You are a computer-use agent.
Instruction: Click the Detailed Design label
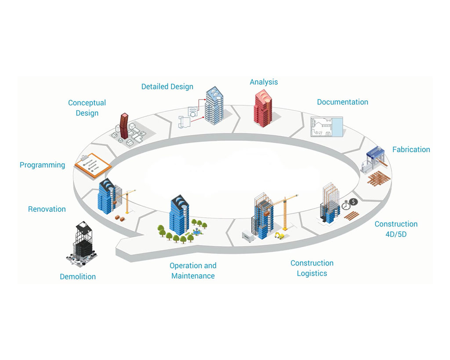(167, 86)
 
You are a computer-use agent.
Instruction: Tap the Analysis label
(264, 82)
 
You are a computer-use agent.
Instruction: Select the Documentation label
(342, 102)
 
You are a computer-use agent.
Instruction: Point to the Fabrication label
(411, 149)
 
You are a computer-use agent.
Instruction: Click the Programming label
(42, 165)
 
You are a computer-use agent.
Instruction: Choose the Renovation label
(47, 209)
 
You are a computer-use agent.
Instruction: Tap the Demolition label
(78, 277)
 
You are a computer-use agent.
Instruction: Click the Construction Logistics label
(312, 268)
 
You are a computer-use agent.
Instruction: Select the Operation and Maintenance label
(193, 271)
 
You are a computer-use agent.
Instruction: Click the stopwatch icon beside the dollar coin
(346, 205)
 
